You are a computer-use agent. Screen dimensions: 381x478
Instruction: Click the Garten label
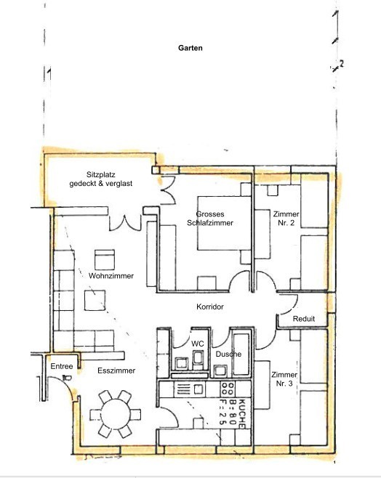pyautogui.click(x=190, y=48)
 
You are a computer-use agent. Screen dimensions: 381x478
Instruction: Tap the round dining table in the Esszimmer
pyautogui.click(x=116, y=414)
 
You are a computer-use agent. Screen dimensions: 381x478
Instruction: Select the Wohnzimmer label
pyautogui.click(x=111, y=276)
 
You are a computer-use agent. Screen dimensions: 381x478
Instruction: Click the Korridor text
pyautogui.click(x=210, y=307)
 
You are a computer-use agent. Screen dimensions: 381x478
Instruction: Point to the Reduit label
pyautogui.click(x=303, y=319)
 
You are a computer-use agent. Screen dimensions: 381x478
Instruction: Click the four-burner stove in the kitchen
pyautogui.click(x=228, y=389)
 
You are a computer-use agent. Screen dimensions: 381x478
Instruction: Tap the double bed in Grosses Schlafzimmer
pyautogui.click(x=224, y=224)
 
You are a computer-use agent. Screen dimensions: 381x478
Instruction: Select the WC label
pyautogui.click(x=197, y=344)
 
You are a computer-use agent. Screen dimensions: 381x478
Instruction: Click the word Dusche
pyautogui.click(x=228, y=355)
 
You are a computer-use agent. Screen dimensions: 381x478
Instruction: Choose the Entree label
pyautogui.click(x=62, y=366)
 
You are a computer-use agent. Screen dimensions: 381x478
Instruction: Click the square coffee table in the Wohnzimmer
pyautogui.click(x=95, y=301)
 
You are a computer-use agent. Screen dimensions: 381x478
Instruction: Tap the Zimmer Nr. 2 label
pyautogui.click(x=286, y=218)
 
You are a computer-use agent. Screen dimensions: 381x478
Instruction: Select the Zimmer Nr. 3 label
pyautogui.click(x=284, y=379)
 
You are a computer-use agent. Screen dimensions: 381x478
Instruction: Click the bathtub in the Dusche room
pyautogui.click(x=241, y=354)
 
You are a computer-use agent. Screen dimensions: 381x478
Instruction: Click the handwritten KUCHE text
pyautogui.click(x=241, y=413)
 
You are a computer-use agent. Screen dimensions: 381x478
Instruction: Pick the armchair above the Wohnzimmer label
pyautogui.click(x=105, y=260)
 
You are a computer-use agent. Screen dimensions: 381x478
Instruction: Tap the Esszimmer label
pyautogui.click(x=116, y=370)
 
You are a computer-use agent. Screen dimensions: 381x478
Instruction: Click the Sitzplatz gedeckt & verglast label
pyautogui.click(x=100, y=179)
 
